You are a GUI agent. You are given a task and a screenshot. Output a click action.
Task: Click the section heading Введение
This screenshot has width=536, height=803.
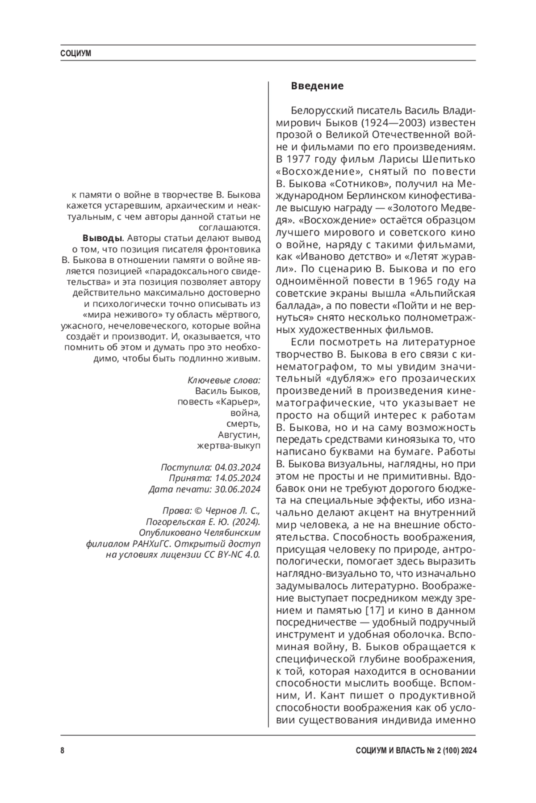coord(317,86)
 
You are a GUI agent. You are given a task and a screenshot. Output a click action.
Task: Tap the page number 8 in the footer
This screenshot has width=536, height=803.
coord(63,750)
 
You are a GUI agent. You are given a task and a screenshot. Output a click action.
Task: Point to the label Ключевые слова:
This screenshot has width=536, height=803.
coord(224,380)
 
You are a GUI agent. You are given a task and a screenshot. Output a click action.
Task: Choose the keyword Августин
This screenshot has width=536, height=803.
coord(239,434)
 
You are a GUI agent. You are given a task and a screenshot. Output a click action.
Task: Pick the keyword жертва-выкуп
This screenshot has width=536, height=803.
coord(228,446)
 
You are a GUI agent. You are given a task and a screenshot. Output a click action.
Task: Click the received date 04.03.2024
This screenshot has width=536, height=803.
coord(237,467)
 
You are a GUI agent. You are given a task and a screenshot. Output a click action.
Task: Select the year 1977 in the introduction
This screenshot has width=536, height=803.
coord(297,159)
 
